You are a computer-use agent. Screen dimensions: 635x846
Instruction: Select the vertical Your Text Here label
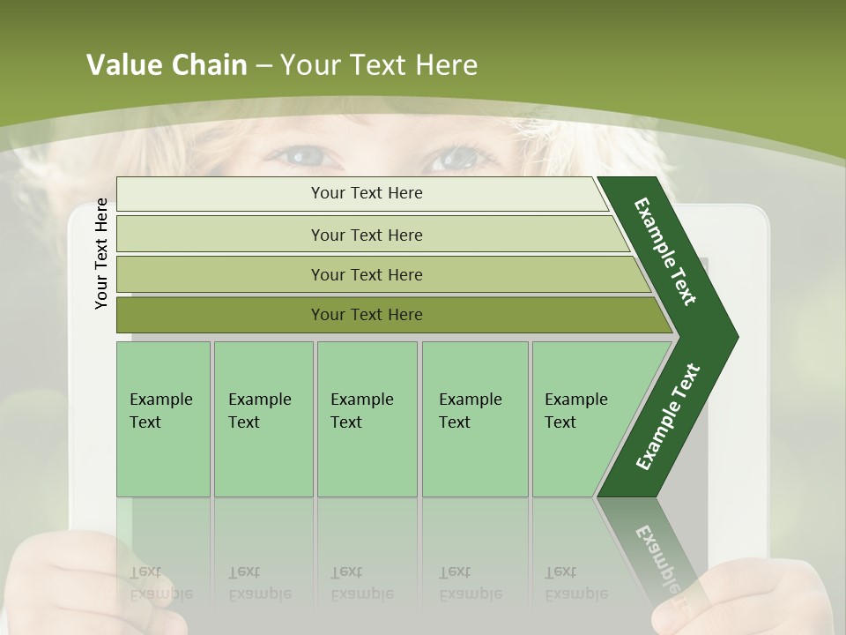click(101, 253)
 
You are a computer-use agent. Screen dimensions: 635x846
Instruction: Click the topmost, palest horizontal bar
click(367, 193)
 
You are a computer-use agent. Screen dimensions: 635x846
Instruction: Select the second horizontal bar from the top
click(367, 235)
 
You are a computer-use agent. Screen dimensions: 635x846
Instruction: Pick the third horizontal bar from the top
click(367, 274)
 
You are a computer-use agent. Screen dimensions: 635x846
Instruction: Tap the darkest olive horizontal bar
click(367, 315)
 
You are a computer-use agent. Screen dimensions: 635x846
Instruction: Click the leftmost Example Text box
click(163, 419)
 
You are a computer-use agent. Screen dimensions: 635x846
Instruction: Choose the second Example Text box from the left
click(263, 419)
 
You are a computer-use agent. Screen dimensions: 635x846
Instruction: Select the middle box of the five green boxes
click(367, 419)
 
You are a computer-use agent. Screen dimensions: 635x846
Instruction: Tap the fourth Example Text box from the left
click(475, 419)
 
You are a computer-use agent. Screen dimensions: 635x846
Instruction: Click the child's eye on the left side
click(305, 157)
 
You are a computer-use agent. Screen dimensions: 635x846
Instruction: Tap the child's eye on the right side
click(455, 159)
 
